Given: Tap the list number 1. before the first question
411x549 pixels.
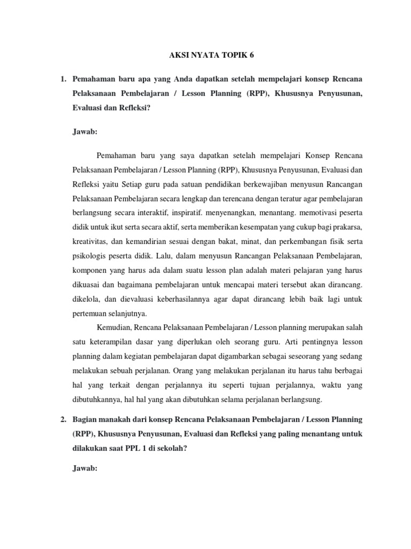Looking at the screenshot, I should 63,79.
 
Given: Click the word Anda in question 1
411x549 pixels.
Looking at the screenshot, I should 185,79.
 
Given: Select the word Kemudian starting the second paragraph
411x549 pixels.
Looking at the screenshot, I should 114,326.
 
